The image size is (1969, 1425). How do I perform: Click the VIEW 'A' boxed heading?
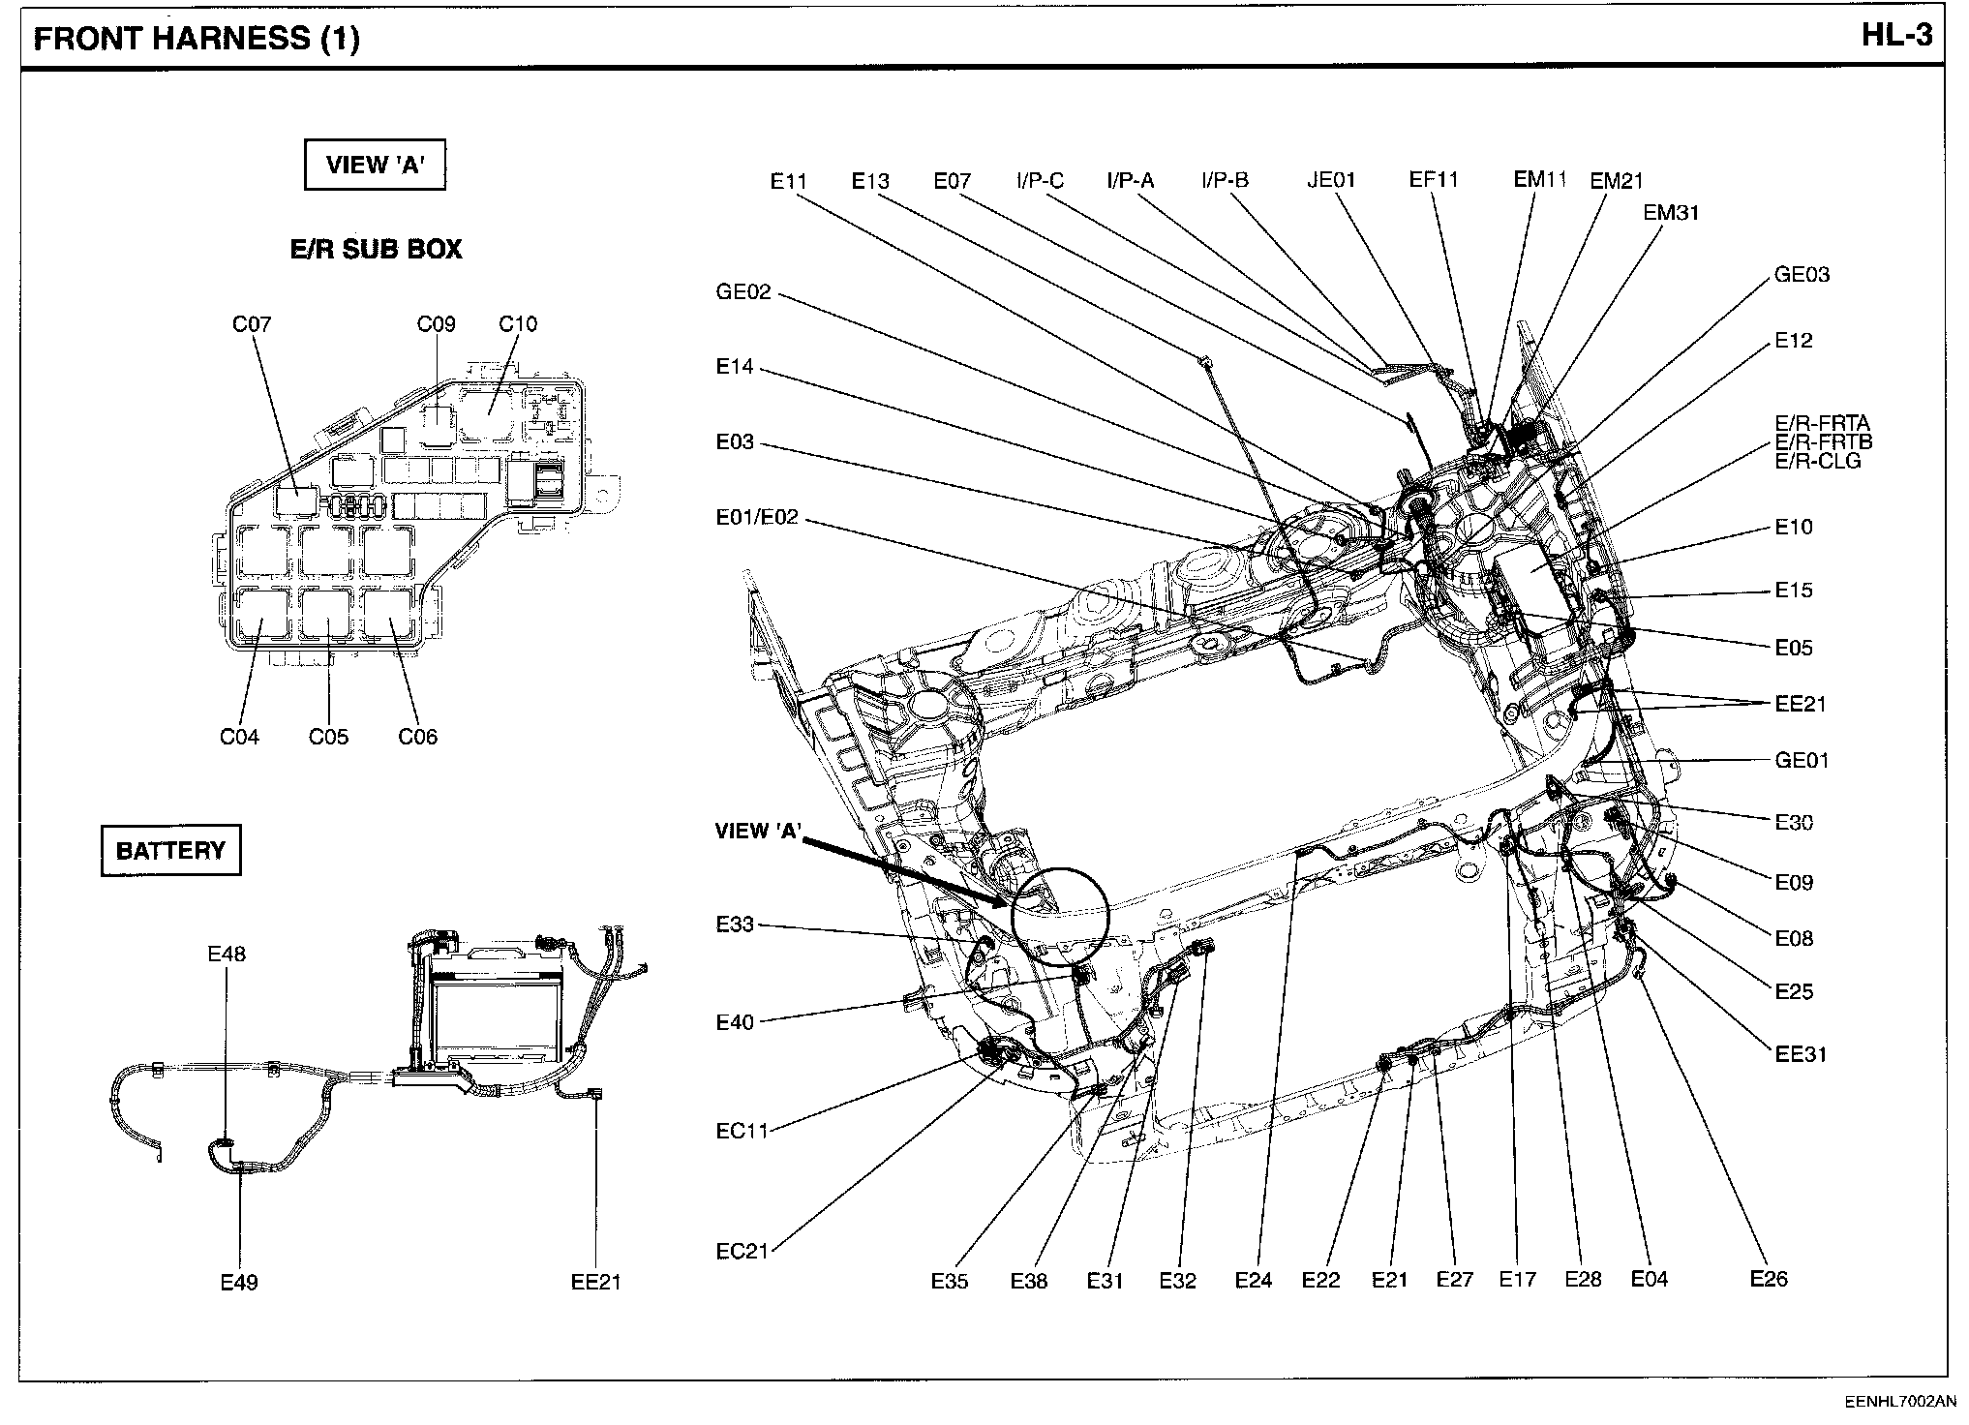[x=375, y=166]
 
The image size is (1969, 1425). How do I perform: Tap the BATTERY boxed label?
[x=170, y=851]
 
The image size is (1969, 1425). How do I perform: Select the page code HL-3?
[x=1896, y=36]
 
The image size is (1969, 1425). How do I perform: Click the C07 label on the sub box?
[x=252, y=324]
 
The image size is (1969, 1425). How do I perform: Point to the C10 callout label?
[x=518, y=324]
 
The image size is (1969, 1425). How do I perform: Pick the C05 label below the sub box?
[x=328, y=737]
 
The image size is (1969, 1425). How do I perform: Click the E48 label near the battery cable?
[x=227, y=954]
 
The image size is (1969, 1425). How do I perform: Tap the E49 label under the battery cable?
[x=239, y=1283]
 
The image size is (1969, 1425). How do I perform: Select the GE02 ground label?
[x=743, y=292]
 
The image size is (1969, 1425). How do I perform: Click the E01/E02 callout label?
[x=757, y=518]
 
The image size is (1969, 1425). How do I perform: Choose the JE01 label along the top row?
[x=1331, y=180]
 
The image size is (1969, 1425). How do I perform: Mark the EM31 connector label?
[x=1671, y=213]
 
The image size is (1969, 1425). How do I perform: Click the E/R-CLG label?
[x=1817, y=461]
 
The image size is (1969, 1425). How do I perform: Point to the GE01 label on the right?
[x=1802, y=761]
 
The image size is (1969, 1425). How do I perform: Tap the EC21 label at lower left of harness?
[x=742, y=1251]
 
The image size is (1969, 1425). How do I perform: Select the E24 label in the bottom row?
[x=1253, y=1281]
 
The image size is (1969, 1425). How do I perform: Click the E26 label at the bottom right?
[x=1769, y=1279]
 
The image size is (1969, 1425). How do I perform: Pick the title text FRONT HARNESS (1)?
[x=197, y=40]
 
